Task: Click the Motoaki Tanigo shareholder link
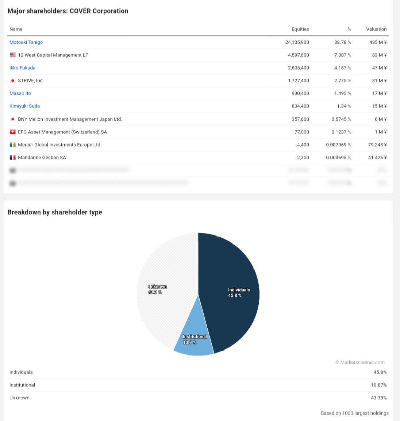[26, 42]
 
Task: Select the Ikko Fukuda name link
[22, 68]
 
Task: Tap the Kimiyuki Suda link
[24, 106]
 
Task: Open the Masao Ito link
[20, 93]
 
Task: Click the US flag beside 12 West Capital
[13, 55]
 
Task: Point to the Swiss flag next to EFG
[13, 132]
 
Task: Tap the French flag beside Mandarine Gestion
[13, 157]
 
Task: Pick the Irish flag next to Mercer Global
[13, 145]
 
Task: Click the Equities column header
[300, 29]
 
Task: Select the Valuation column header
[376, 29]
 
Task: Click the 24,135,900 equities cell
[297, 42]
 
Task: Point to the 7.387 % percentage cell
[342, 55]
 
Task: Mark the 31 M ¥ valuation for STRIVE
[379, 81]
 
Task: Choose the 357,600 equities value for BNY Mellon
[300, 119]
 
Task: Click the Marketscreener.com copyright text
[360, 362]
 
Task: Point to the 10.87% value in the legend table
[379, 385]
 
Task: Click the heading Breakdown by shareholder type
[55, 212]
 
